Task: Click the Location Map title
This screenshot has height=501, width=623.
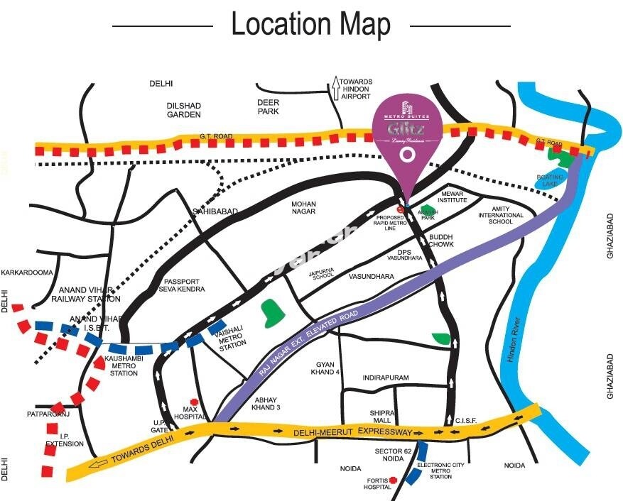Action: pyautogui.click(x=310, y=25)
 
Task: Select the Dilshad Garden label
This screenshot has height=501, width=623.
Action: pyautogui.click(x=184, y=110)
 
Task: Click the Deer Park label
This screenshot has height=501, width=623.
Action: pyautogui.click(x=268, y=106)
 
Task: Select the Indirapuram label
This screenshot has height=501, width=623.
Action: pyautogui.click(x=385, y=378)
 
